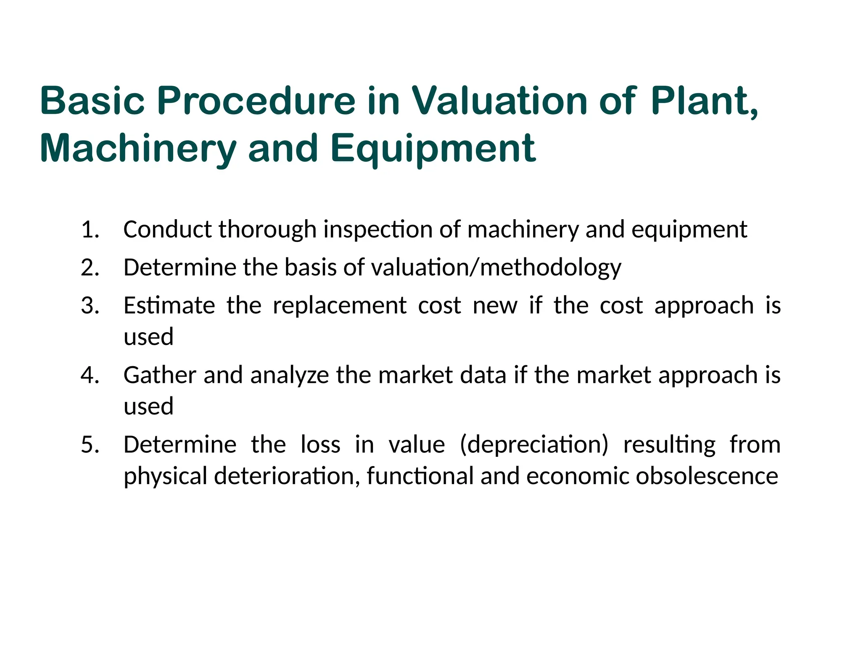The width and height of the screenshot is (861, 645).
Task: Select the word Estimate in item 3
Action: (x=169, y=305)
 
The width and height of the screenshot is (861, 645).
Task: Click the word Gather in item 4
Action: (x=160, y=375)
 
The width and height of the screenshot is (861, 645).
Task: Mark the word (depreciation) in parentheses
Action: (x=534, y=445)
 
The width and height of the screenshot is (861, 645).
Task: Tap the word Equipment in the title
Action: (x=433, y=149)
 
